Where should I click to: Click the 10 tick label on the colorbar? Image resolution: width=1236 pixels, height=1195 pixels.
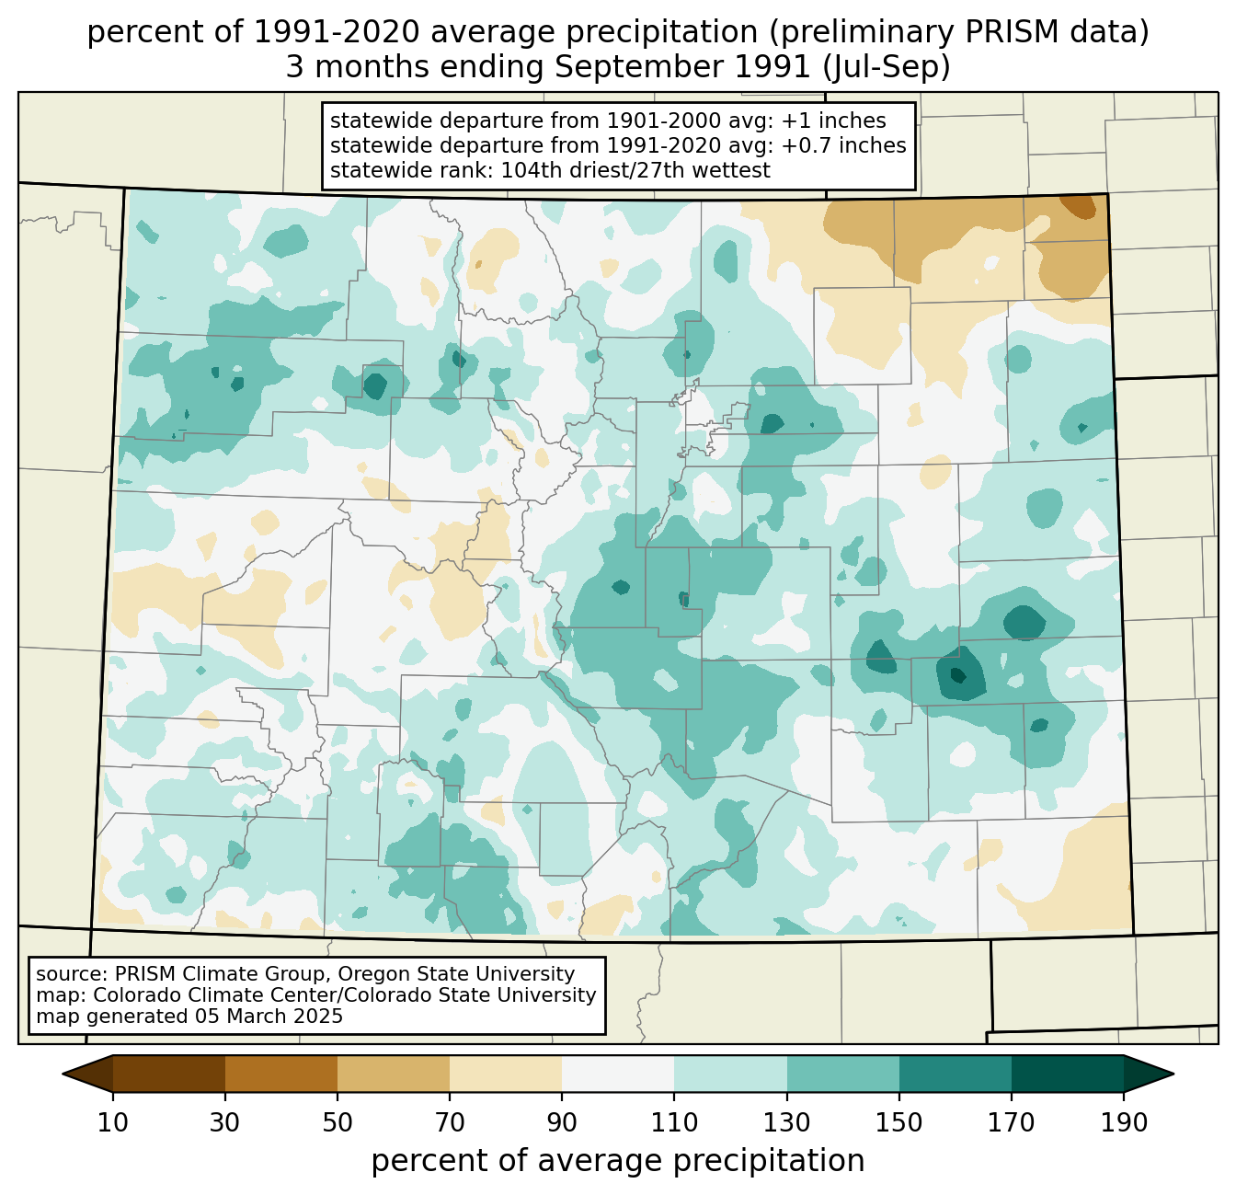pyautogui.click(x=112, y=1122)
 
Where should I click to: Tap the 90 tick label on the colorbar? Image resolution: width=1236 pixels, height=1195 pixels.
pyautogui.click(x=562, y=1122)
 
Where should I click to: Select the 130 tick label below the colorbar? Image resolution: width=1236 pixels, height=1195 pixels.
pyautogui.click(x=786, y=1122)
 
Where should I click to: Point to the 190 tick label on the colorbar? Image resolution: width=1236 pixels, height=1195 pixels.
pyautogui.click(x=1124, y=1122)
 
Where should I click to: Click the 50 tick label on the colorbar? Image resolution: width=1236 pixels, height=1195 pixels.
pyautogui.click(x=338, y=1122)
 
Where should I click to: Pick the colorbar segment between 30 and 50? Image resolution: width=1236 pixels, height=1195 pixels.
pyautogui.click(x=280, y=1074)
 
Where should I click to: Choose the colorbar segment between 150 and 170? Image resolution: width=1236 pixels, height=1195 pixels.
pyautogui.click(x=956, y=1074)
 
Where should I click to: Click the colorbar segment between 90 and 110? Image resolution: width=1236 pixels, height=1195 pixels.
pyautogui.click(x=618, y=1074)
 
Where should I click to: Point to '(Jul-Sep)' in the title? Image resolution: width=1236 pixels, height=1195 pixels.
pyautogui.click(x=887, y=67)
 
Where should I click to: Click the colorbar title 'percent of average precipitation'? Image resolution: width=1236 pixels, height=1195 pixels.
pyautogui.click(x=618, y=1161)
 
